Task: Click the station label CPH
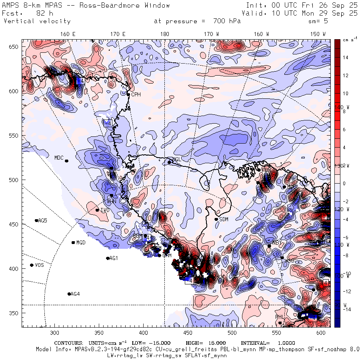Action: tap(136, 95)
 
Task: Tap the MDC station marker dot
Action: tap(66, 161)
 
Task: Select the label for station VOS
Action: tap(39, 265)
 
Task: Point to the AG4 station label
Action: tap(75, 294)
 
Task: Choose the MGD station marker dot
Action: tap(73, 242)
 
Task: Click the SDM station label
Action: tap(224, 219)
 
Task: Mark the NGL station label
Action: tap(177, 159)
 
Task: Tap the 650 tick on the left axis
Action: tap(15, 47)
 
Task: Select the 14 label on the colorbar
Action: tap(346, 58)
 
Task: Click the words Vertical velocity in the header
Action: tap(37, 21)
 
